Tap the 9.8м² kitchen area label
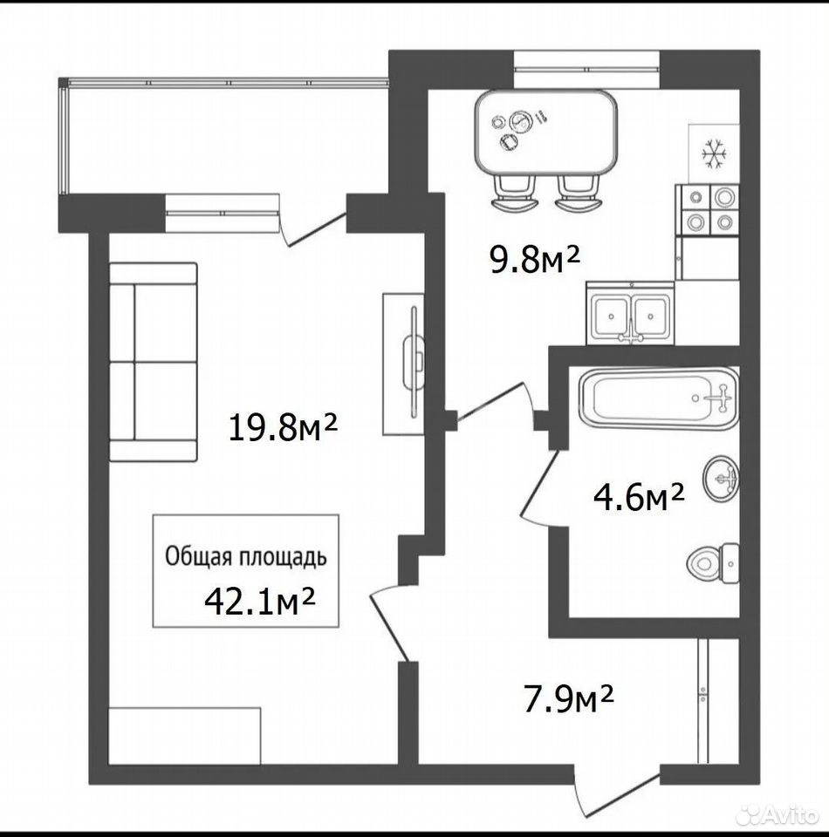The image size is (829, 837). tap(535, 259)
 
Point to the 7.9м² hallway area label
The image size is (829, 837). tap(568, 699)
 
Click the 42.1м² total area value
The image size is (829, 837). tap(259, 601)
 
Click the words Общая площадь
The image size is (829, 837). tap(246, 557)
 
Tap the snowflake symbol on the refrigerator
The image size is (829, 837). tap(714, 155)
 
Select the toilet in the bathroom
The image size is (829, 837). tap(713, 564)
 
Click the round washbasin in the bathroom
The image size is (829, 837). tap(721, 479)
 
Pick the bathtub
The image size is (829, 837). tap(660, 398)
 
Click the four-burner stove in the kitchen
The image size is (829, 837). tap(708, 210)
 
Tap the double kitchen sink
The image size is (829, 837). tap(630, 313)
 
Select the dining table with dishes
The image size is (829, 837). tap(546, 134)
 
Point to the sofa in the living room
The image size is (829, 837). tap(154, 361)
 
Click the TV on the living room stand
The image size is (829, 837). tap(413, 363)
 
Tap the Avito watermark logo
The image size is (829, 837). tap(777, 815)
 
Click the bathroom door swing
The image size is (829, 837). tap(540, 488)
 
